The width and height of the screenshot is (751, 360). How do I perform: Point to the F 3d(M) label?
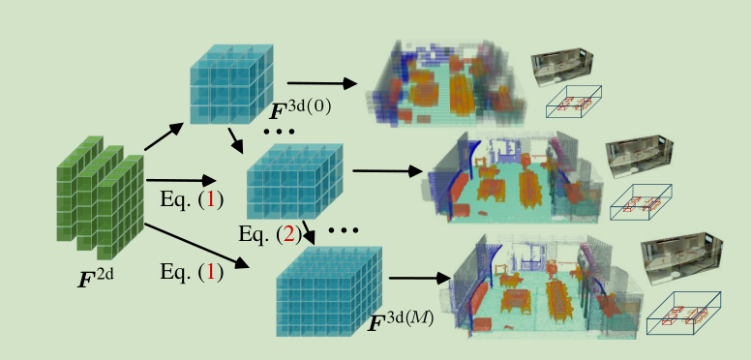(399, 322)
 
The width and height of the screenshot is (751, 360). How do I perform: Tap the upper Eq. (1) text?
(191, 200)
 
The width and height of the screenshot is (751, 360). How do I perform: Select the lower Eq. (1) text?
(191, 272)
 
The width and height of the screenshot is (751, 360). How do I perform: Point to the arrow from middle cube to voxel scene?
(387, 171)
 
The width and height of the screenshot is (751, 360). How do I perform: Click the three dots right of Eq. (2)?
(343, 231)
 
